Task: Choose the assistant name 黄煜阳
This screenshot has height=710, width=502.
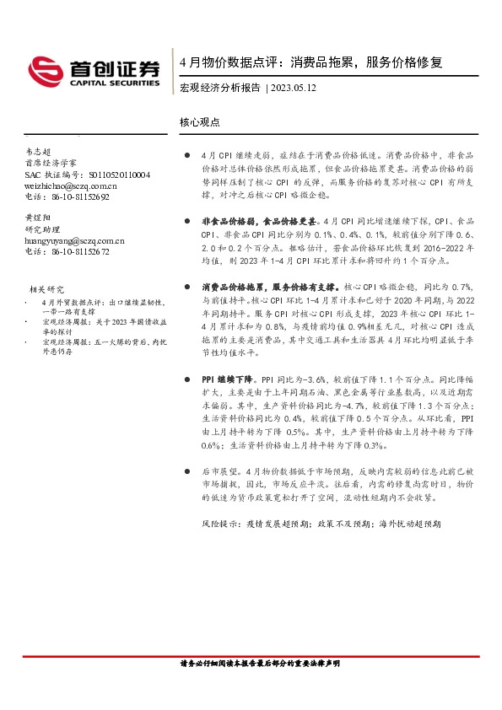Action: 39,217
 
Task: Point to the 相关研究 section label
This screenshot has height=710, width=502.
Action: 46,289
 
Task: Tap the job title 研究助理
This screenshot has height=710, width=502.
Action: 45,229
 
